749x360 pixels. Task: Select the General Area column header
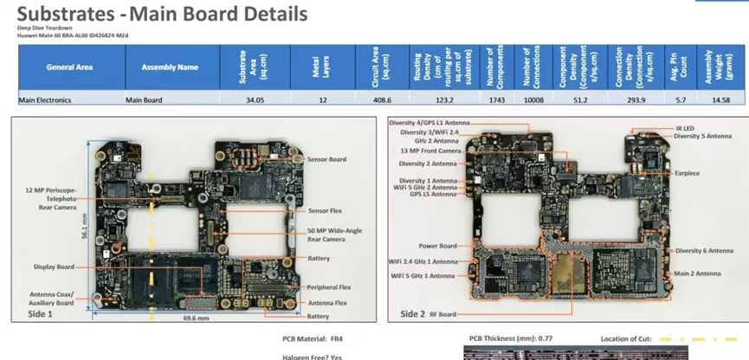tap(70, 67)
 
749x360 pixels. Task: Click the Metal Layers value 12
tap(321, 100)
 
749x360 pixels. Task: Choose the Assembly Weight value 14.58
tap(720, 100)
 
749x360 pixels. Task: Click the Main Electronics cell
tap(45, 100)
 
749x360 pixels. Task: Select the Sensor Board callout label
tap(326, 159)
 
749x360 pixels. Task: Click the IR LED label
tap(684, 128)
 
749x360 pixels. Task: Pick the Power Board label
tap(437, 245)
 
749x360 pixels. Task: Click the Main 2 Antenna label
tap(697, 273)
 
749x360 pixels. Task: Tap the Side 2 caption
tap(413, 313)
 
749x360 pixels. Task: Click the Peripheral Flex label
tap(327, 287)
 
